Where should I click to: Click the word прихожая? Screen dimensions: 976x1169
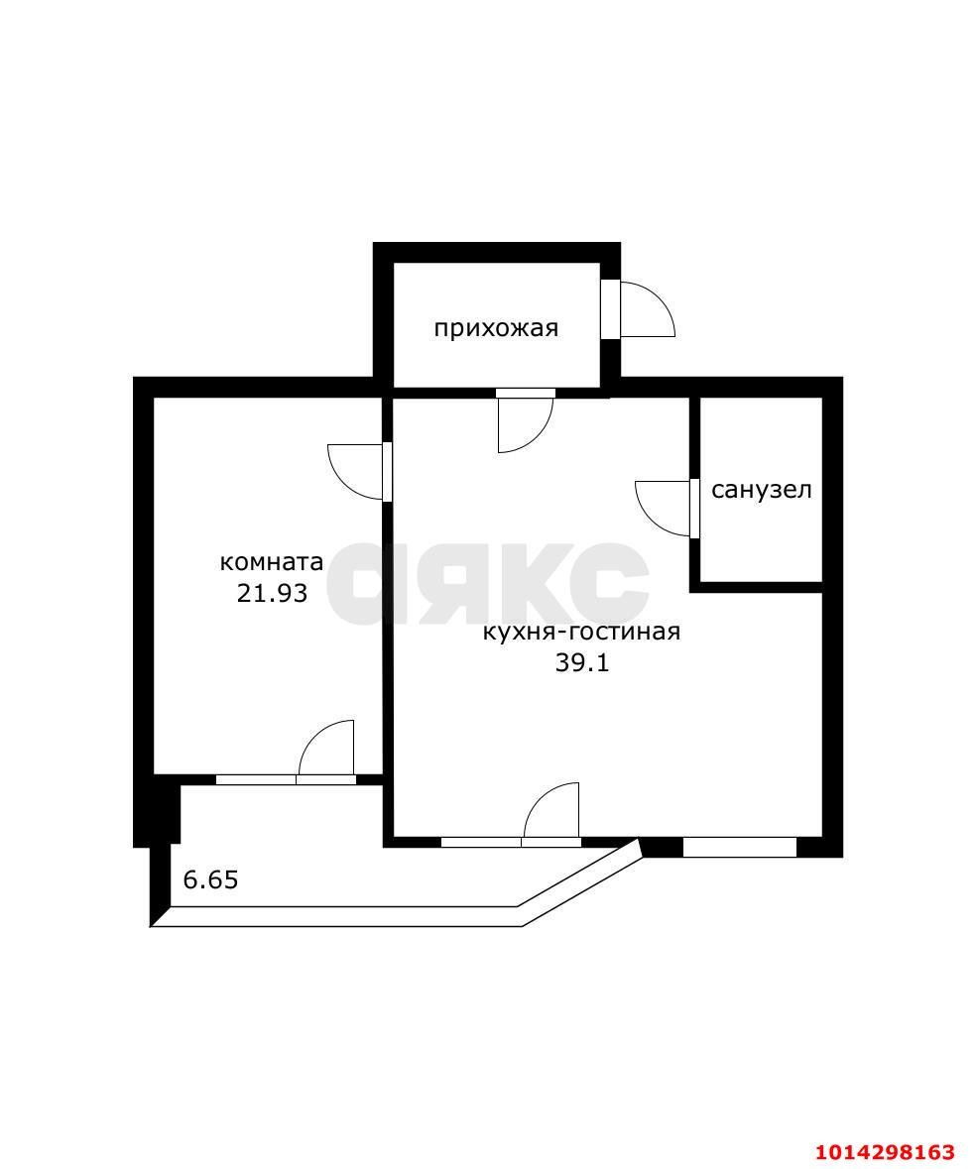pyautogui.click(x=496, y=329)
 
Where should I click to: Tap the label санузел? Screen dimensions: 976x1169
pyautogui.click(x=762, y=490)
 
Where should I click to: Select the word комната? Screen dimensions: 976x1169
pyautogui.click(x=272, y=561)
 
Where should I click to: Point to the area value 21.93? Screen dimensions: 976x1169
pyautogui.click(x=272, y=594)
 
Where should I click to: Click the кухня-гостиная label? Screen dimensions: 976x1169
pyautogui.click(x=581, y=633)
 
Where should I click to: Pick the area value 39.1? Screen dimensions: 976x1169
pyautogui.click(x=581, y=662)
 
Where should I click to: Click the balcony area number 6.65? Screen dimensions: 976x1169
pyautogui.click(x=210, y=879)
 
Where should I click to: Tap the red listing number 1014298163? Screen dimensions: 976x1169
pyautogui.click(x=885, y=1152)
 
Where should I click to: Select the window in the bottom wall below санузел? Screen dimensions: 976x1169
pyautogui.click(x=740, y=847)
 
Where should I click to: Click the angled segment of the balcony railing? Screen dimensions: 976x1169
pyautogui.click(x=581, y=884)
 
